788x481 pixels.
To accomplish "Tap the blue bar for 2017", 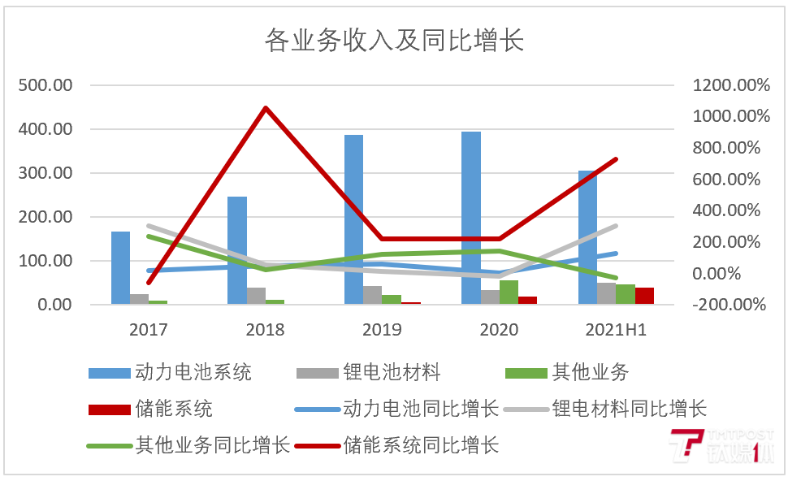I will tap(120, 268).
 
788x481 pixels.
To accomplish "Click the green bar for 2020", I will tap(509, 292).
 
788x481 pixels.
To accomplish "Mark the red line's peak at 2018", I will tap(266, 107).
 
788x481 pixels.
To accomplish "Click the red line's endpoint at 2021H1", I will tap(617, 158).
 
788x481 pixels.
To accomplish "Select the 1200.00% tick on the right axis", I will tap(730, 85).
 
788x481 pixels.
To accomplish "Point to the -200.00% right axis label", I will tap(729, 305).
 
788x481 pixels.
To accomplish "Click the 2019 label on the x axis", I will tap(382, 329).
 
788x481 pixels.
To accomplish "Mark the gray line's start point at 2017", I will tap(149, 226).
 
